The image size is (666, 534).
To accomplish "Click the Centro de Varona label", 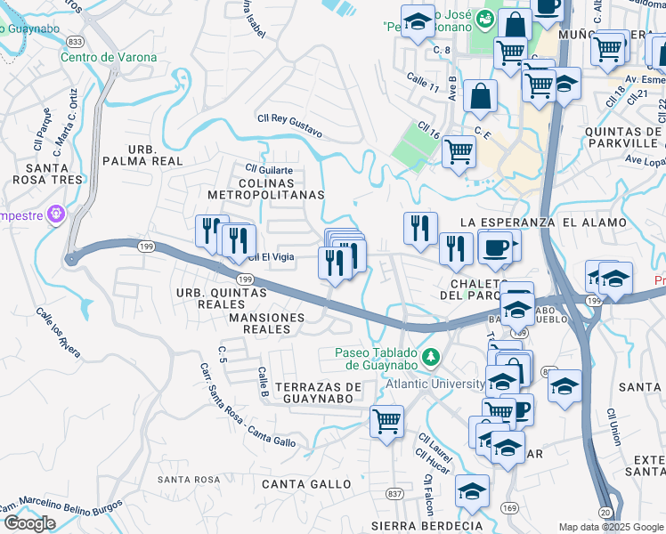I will pyautogui.click(x=109, y=58).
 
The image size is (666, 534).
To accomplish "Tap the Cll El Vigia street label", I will pyautogui.click(x=271, y=256).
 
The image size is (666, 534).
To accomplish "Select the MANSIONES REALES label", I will pyautogui.click(x=266, y=323).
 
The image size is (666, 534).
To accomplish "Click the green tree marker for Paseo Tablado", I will pyautogui.click(x=432, y=357).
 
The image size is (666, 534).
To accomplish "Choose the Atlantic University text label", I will pyautogui.click(x=435, y=384).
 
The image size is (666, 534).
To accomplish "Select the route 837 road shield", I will pyautogui.click(x=394, y=493).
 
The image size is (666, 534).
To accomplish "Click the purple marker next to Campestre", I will pyautogui.click(x=56, y=214).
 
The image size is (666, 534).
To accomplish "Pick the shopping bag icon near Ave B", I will pyautogui.click(x=480, y=97).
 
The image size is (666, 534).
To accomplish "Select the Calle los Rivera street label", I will pyautogui.click(x=58, y=333).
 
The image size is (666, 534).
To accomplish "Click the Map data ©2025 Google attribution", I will pyautogui.click(x=611, y=527).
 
